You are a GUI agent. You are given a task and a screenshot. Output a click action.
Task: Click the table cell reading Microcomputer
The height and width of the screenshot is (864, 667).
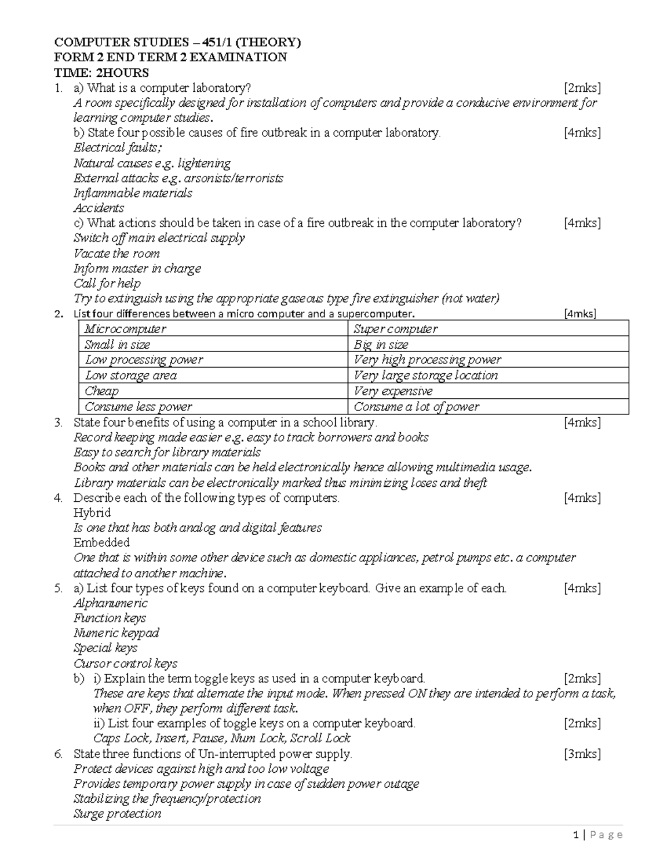pos(125,329)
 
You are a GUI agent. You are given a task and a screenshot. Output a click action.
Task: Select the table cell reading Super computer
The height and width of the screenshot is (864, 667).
pos(395,329)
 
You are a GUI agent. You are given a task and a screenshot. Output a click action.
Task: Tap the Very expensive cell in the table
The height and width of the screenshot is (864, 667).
pos(393,391)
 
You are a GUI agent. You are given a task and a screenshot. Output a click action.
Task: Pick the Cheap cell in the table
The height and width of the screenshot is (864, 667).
pos(102,391)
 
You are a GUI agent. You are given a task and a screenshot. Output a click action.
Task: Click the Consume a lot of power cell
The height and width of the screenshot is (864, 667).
pos(416,407)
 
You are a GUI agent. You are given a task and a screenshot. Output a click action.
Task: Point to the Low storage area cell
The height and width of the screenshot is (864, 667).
pos(131,376)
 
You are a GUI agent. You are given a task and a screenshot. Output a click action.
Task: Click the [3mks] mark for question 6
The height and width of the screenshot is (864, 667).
pos(582,754)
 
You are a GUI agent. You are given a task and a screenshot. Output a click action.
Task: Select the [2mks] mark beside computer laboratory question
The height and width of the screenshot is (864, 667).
pos(582,88)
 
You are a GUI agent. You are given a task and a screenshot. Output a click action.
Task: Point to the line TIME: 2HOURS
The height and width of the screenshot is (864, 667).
pos(101,72)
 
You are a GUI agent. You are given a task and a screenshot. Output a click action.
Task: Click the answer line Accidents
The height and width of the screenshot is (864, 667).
pos(99,208)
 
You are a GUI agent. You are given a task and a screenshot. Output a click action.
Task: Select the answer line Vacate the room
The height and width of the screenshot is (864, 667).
pos(117,254)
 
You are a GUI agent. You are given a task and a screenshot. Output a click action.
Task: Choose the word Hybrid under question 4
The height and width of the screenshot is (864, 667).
pos(92,512)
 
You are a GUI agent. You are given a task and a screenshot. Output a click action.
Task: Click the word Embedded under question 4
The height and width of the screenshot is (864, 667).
pos(102,542)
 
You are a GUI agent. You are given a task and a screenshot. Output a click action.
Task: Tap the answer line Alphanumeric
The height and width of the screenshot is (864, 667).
pos(111,603)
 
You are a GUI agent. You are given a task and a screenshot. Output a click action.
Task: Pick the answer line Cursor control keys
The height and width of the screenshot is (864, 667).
pos(126,663)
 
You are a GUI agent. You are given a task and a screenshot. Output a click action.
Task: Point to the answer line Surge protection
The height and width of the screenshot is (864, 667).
pos(117,814)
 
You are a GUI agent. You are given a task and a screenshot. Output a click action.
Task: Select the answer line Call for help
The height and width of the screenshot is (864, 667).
pos(107,284)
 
